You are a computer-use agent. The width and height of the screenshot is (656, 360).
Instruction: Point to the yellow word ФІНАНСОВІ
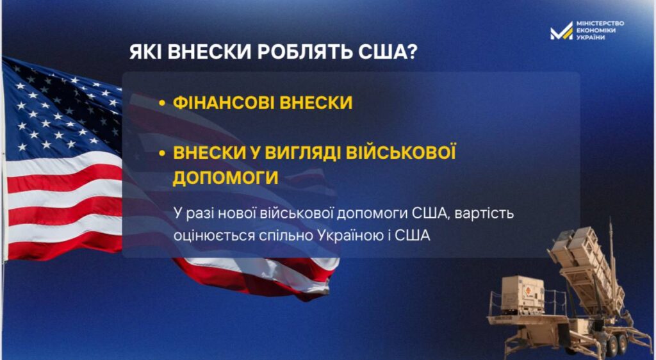(x=224, y=103)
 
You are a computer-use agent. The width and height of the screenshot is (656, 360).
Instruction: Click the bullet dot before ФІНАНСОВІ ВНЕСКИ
(x=162, y=103)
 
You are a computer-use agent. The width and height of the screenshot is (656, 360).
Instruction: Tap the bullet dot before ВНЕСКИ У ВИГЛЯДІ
(x=162, y=153)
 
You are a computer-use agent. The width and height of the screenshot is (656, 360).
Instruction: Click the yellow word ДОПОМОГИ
(x=225, y=177)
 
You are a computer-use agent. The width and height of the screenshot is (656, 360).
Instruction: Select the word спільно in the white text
(x=286, y=236)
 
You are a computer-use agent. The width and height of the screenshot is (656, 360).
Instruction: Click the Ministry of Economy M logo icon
(x=561, y=31)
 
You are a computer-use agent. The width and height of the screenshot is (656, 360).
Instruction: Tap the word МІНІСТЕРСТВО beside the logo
(x=600, y=24)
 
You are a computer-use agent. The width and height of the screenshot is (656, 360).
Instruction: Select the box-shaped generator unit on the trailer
(x=522, y=295)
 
